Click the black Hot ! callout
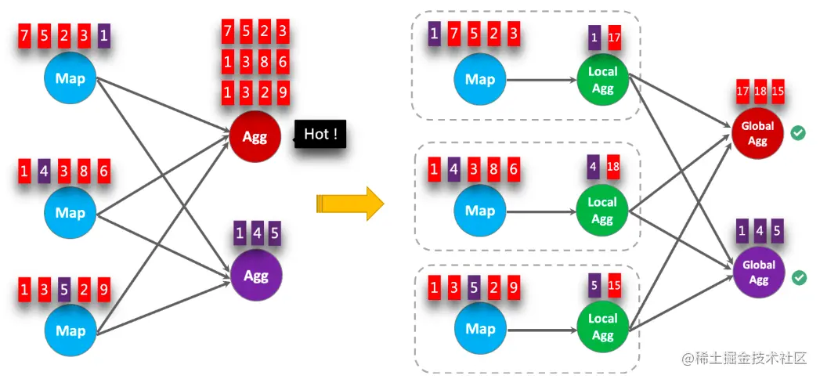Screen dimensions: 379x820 point(320,135)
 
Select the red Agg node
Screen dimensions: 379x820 point(255,137)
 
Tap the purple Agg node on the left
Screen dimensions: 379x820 point(255,276)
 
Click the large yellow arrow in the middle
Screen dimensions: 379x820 point(350,204)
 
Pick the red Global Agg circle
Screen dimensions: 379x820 point(757,133)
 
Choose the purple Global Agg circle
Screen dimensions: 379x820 point(757,272)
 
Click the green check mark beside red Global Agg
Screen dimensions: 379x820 point(798,133)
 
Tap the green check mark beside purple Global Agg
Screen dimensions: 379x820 point(798,277)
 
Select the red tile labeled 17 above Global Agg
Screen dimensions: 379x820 point(743,92)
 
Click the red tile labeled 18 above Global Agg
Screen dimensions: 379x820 point(761,92)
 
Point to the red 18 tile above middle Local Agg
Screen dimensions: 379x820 point(613,168)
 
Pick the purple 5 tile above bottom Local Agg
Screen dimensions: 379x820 point(594,286)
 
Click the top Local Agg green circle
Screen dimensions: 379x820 point(602,80)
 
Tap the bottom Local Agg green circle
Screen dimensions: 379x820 point(602,327)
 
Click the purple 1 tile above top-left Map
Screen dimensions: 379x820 point(103,35)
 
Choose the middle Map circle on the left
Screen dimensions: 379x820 point(70,212)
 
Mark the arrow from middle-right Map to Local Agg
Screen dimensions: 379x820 point(541,211)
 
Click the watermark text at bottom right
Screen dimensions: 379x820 point(743,358)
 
